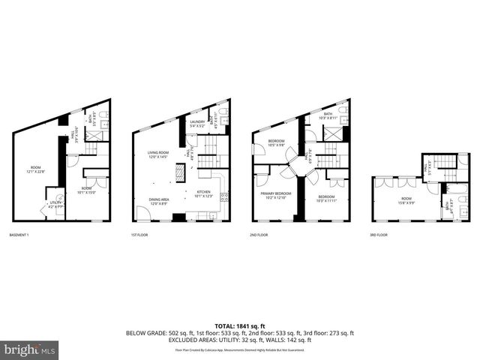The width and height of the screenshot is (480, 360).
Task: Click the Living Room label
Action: click(158, 154)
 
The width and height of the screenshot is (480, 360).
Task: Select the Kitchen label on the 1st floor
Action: click(205, 194)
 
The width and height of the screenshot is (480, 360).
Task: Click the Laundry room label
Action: click(197, 123)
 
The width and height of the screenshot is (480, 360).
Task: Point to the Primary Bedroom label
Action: click(277, 195)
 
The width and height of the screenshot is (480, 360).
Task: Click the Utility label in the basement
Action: click(55, 204)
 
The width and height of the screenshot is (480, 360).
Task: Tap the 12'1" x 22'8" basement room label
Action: click(36, 169)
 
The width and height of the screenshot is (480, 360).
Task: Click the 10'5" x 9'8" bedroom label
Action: click(277, 143)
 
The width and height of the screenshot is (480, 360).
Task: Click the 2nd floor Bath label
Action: click(328, 115)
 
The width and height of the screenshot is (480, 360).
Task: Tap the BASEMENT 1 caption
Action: click(21, 235)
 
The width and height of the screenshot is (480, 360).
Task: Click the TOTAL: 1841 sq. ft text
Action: click(239, 325)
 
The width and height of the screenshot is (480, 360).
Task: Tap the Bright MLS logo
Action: click(30, 349)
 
